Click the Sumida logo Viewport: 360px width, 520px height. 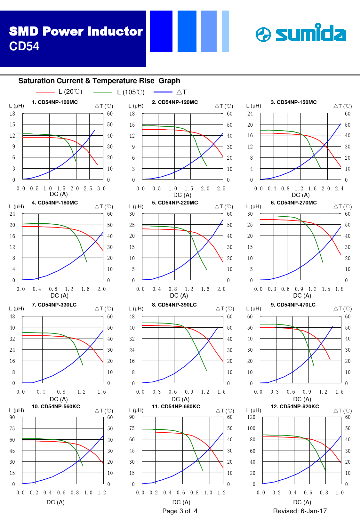(301, 34)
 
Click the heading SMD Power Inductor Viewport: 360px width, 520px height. (76, 31)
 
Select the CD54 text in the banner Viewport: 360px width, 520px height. (24, 46)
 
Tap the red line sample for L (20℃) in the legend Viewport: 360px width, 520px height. (45, 92)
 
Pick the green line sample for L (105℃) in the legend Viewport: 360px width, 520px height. (103, 92)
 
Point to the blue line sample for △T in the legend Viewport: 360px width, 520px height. (163, 92)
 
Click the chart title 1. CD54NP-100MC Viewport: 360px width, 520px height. (55, 102)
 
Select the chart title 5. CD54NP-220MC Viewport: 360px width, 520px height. (175, 203)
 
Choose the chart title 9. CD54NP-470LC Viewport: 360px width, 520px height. (293, 305)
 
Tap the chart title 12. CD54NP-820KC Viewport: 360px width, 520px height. (295, 407)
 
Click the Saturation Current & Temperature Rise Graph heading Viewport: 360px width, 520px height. (99, 81)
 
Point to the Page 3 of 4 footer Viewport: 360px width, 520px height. (180, 511)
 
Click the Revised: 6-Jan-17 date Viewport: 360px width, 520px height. (300, 511)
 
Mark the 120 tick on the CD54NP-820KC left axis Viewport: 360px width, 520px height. (251, 417)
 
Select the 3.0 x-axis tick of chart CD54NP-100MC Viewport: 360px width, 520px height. (101, 188)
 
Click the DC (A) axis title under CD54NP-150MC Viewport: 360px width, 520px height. (300, 195)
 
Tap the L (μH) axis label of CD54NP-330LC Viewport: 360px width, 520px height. (16, 309)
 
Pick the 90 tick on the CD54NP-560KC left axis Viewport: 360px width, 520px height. (12, 417)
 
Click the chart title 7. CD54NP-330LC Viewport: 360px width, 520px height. (54, 305)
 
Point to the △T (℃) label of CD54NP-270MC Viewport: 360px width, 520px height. (342, 207)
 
